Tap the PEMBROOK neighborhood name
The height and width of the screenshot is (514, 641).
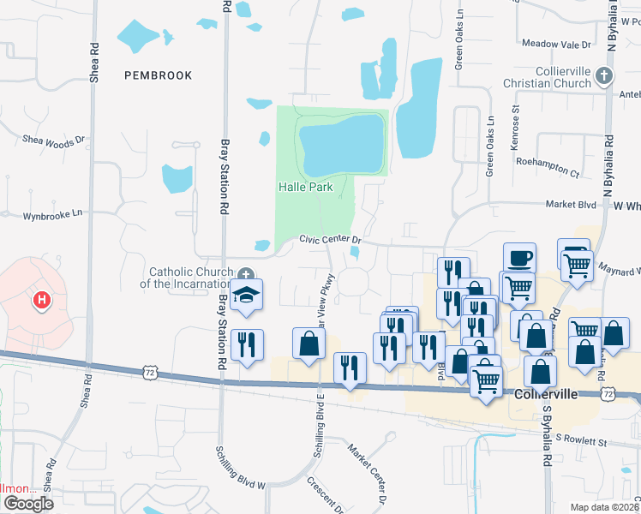158,75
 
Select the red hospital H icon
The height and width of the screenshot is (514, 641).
39,300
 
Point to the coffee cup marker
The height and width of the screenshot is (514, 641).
520,257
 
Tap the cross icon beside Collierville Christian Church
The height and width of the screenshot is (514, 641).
604,77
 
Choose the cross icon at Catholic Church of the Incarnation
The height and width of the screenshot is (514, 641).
247,275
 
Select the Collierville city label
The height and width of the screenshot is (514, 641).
547,395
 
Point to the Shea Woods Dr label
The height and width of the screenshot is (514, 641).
54,140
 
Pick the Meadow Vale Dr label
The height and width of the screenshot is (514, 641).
556,44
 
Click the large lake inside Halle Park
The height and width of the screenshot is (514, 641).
340,144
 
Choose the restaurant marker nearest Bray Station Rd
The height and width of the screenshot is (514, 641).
247,345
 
